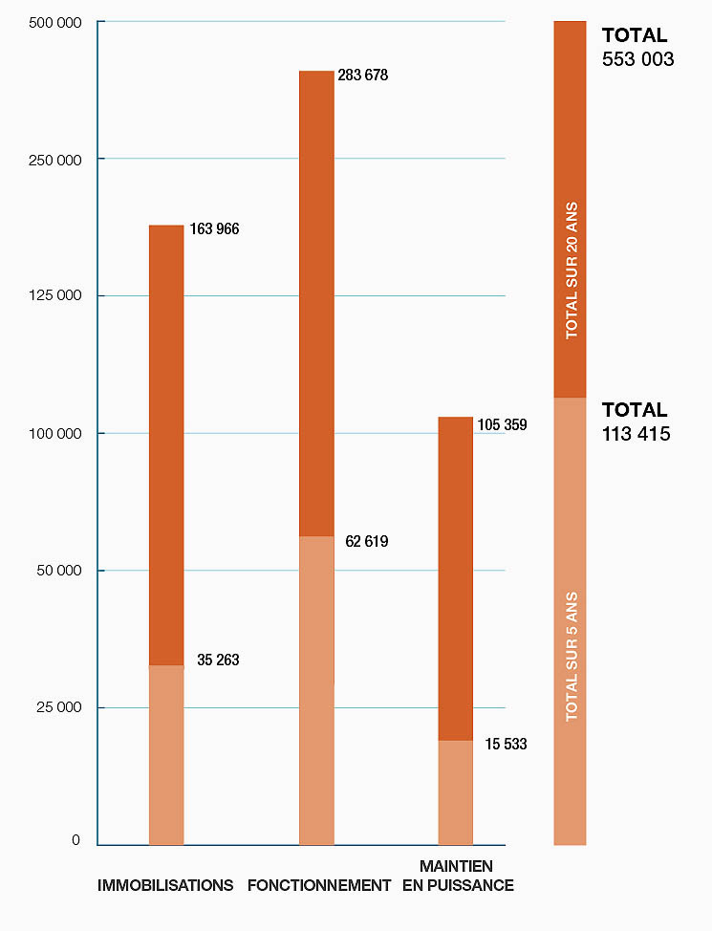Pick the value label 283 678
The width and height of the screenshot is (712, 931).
point(363,75)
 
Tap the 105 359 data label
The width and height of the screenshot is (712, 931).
point(502,424)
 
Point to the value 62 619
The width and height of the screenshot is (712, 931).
point(367,542)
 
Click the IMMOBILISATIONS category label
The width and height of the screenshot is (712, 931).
point(165,885)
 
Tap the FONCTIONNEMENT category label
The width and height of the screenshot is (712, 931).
point(319,885)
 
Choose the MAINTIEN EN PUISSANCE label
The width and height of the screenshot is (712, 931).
point(458,876)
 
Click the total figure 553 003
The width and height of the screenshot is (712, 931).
point(637,59)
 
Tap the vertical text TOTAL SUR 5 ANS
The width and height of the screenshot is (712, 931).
point(572,655)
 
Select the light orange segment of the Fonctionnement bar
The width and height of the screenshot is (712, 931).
point(316,688)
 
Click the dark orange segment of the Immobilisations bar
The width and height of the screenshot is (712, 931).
point(166,444)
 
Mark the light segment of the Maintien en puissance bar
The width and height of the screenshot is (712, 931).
point(455,792)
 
